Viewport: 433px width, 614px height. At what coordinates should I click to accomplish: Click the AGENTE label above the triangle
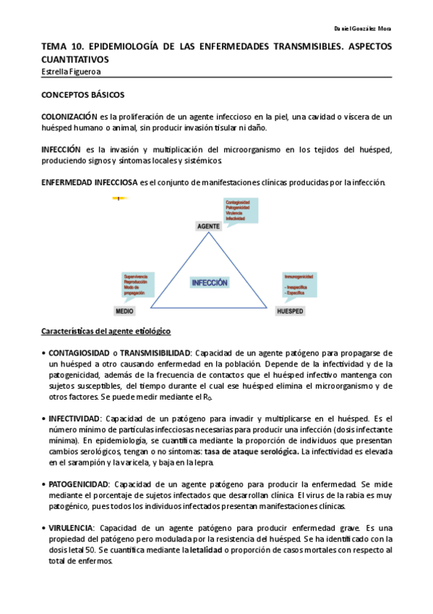click(x=208, y=227)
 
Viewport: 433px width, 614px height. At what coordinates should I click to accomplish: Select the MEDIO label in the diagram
click(x=124, y=311)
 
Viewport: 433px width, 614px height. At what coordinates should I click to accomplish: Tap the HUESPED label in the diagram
click(x=290, y=311)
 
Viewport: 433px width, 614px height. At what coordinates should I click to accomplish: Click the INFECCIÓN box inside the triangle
click(x=210, y=283)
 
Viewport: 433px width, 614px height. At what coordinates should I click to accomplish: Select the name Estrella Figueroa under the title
click(x=71, y=72)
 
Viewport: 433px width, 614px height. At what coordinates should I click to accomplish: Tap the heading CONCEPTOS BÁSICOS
click(x=82, y=95)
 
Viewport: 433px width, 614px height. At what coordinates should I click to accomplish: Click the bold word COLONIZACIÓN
click(x=69, y=116)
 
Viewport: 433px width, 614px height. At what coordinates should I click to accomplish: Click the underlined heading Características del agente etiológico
click(x=106, y=331)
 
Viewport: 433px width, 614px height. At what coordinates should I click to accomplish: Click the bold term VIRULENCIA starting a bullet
click(x=72, y=528)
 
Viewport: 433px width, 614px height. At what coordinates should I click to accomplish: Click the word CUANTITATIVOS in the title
click(x=74, y=59)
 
